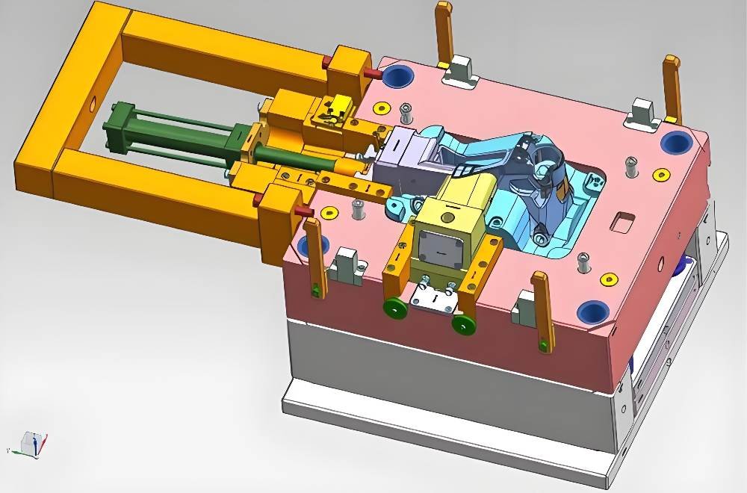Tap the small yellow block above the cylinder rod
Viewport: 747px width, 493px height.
[340, 106]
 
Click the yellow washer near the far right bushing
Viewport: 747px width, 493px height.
[661, 174]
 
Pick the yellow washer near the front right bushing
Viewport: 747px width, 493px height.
[611, 279]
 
